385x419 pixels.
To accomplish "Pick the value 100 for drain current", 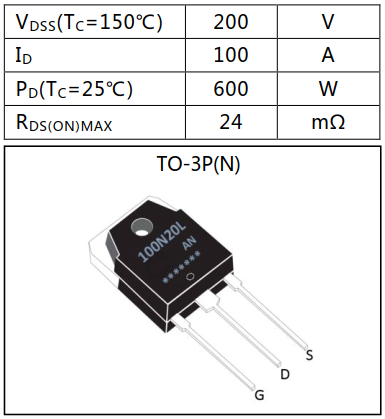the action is pos(230,56).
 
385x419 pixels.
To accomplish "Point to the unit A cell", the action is pos(327,56).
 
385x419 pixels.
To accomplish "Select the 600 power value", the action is pos(230,89).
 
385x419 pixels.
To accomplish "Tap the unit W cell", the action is pos(327,89).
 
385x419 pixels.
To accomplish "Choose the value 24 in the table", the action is pos(230,122).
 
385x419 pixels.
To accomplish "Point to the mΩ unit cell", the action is pos(327,122).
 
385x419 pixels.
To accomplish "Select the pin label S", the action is pos(309,354).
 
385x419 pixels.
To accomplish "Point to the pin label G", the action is pos(259,396).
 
